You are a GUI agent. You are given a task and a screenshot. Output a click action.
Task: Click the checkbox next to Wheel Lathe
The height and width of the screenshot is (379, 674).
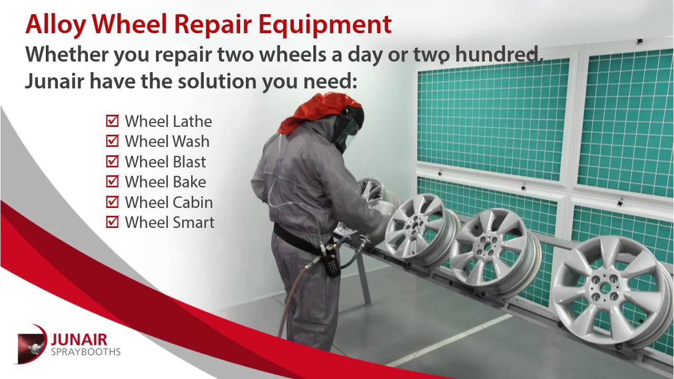tap(112, 122)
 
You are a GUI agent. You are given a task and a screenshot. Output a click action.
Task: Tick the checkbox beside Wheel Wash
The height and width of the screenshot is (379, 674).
tap(112, 142)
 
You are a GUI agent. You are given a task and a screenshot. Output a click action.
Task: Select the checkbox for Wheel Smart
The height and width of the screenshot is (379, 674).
tap(112, 222)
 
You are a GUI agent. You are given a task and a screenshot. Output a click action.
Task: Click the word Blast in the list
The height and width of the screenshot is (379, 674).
tap(188, 162)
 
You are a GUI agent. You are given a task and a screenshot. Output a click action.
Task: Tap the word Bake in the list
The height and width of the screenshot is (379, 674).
tap(187, 182)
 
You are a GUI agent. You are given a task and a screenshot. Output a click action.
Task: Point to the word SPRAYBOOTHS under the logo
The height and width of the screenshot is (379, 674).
tap(86, 351)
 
